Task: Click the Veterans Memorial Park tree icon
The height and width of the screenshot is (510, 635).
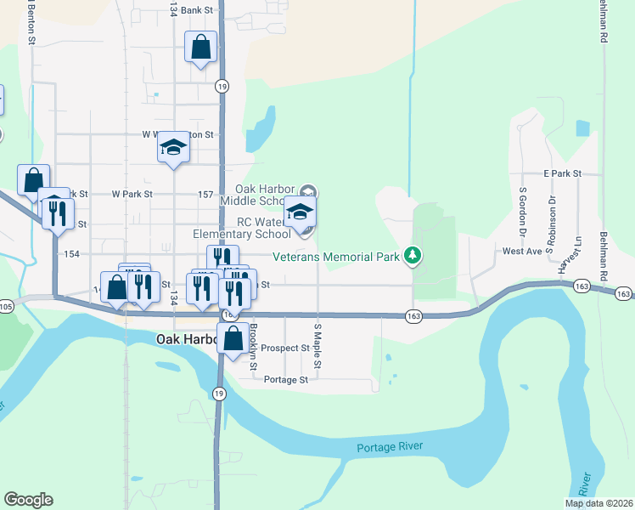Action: coord(413,254)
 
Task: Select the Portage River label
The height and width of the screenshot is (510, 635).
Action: coord(389,447)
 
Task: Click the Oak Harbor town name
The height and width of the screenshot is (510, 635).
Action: coord(188,339)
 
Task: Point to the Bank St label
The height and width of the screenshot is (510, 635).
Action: coord(195,10)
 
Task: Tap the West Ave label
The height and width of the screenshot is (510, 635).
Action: coord(522,252)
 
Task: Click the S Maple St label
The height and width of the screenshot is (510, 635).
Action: coord(317,344)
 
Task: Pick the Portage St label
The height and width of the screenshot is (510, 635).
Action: coord(286,380)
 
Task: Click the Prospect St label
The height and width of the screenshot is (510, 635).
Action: coord(285,348)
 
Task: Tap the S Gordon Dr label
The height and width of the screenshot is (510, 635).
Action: coord(523,208)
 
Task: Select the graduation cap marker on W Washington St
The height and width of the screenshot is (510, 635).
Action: coord(174,148)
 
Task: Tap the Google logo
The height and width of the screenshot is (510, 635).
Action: coord(28,500)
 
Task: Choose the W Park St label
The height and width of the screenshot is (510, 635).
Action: coord(131,194)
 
